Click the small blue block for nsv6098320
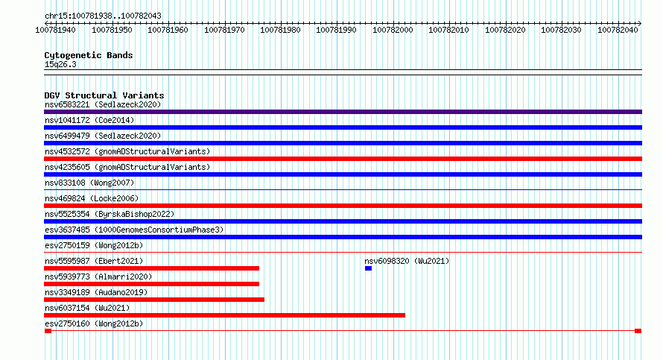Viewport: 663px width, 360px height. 368,268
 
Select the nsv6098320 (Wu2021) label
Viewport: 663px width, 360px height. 407,261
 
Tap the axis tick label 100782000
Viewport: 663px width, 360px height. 393,30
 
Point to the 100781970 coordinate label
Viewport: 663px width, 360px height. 224,30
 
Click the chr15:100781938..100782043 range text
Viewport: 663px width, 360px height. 103,16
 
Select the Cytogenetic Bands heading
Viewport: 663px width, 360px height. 89,55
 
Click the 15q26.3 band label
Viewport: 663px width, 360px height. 60,64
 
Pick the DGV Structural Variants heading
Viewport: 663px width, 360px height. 104,95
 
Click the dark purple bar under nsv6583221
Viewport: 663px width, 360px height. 343,112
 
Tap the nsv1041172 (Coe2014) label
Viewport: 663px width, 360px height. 89,120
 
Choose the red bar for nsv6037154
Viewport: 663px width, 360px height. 224,315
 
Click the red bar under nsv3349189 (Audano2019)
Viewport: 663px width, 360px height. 154,300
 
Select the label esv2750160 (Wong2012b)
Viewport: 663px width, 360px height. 94,323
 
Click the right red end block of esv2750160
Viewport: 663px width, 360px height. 638,331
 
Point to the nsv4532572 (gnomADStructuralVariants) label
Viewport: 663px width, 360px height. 127,151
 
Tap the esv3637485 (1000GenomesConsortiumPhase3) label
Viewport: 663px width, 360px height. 134,230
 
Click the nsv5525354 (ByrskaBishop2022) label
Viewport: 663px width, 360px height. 110,214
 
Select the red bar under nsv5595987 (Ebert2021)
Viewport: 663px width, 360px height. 151,268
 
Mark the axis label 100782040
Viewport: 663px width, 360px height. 618,30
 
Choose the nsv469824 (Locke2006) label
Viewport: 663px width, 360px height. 92,198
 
